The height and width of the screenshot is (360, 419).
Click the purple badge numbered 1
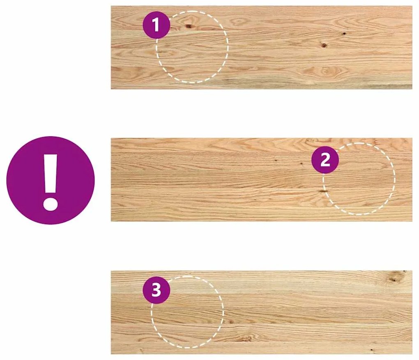[x=157, y=25]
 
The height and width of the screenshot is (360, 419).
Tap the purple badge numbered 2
[x=325, y=160]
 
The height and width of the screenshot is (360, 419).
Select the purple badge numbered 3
[x=157, y=290]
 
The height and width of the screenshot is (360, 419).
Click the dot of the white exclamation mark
[x=51, y=204]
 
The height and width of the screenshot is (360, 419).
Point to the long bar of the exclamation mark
[x=51, y=173]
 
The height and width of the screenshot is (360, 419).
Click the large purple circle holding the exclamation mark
[x=51, y=180]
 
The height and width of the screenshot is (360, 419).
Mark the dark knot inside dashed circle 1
[x=189, y=26]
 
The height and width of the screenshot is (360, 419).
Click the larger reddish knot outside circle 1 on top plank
[x=324, y=46]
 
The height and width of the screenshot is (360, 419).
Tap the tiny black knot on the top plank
[x=344, y=34]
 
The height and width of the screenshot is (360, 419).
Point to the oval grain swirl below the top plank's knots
[x=325, y=71]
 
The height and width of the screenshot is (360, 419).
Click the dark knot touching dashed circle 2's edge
[x=323, y=191]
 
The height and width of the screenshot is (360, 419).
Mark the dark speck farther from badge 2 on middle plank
[x=276, y=161]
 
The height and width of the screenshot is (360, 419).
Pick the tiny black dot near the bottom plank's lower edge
[x=371, y=349]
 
